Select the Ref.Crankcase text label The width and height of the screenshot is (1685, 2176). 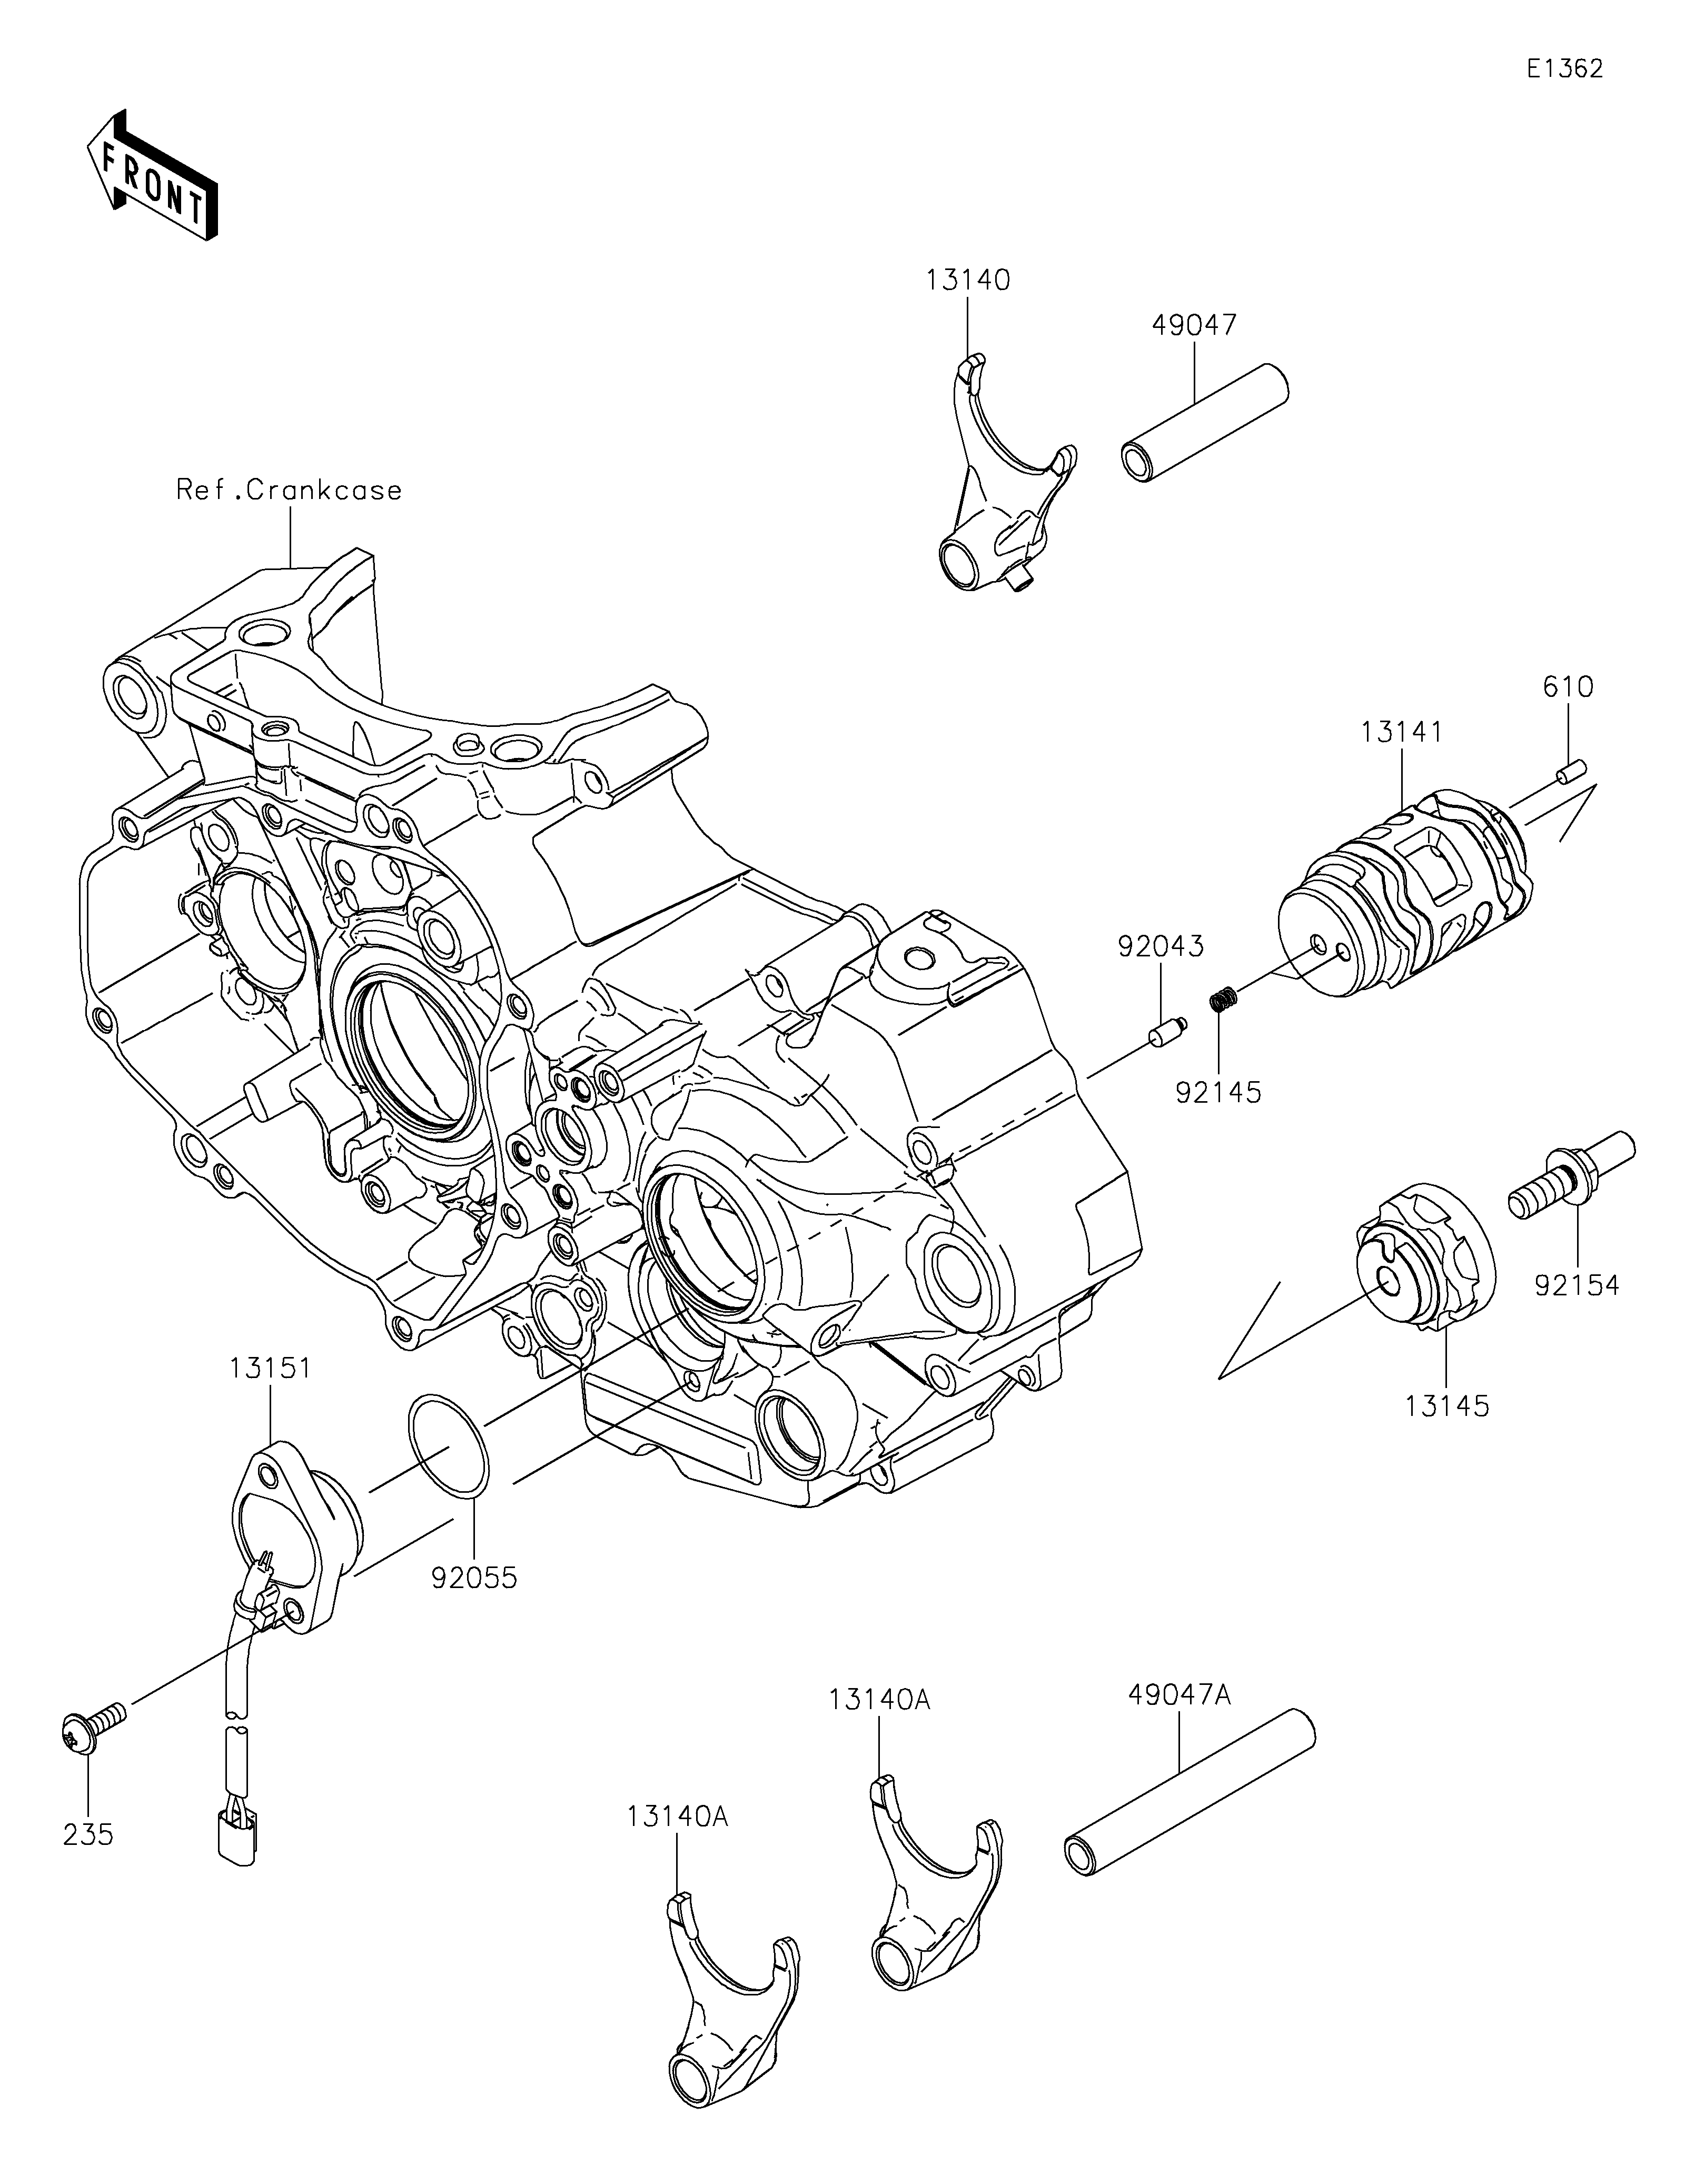[x=289, y=490]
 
